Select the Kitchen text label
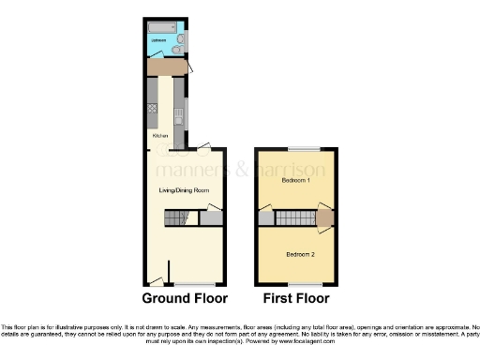(x=160, y=135)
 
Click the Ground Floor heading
(x=185, y=300)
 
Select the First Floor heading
(x=295, y=300)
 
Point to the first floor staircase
(x=295, y=217)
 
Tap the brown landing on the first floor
(x=324, y=217)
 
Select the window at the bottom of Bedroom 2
(x=303, y=283)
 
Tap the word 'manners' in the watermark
(x=192, y=170)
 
